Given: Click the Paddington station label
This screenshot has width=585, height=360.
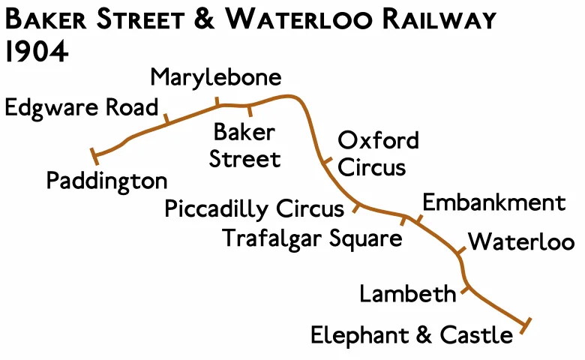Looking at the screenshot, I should click(x=106, y=181).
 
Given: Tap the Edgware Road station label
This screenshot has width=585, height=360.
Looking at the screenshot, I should click(x=82, y=107).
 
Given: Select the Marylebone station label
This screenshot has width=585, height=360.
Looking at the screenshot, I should click(x=216, y=77).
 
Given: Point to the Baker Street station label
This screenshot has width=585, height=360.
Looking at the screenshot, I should click(x=244, y=145).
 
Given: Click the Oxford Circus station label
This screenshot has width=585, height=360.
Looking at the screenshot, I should click(x=378, y=153).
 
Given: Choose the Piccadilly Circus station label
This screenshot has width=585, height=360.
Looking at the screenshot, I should click(x=254, y=208).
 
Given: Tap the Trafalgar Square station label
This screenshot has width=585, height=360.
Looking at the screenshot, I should click(x=313, y=238).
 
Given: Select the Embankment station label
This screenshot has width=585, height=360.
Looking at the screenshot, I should click(x=493, y=202).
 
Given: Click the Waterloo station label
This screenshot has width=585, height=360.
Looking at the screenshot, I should click(x=521, y=242).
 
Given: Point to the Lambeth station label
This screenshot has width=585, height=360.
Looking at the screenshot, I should click(x=407, y=293).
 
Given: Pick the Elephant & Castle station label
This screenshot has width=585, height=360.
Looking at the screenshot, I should click(x=412, y=334).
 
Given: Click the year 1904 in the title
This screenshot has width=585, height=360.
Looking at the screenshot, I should click(x=36, y=52).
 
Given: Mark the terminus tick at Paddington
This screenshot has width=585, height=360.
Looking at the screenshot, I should click(x=94, y=156).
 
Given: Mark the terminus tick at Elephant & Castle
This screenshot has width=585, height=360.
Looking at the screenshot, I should click(x=526, y=325).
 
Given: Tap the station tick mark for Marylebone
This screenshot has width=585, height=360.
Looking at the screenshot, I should click(x=217, y=102).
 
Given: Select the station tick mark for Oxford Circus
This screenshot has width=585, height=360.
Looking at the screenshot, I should click(x=325, y=161).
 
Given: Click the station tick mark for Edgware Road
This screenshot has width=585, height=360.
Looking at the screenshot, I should click(x=166, y=118).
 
